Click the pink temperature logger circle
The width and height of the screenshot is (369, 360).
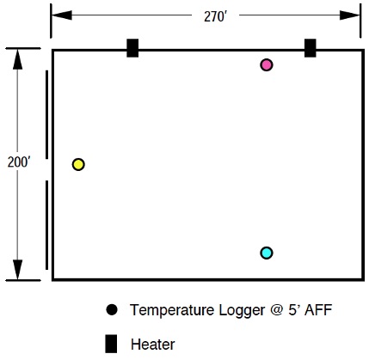click(x=267, y=65)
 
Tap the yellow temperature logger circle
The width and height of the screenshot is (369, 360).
click(x=78, y=164)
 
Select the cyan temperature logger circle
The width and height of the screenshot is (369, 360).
click(x=267, y=253)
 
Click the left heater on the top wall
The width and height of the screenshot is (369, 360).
click(x=132, y=48)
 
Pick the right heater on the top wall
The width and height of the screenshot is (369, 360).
click(x=311, y=48)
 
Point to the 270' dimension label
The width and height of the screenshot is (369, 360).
click(x=215, y=16)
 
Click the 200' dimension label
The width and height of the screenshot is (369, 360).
click(x=19, y=162)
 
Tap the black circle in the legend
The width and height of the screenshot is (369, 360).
click(x=112, y=309)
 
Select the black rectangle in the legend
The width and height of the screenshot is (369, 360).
click(x=111, y=344)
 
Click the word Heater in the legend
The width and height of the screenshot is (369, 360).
click(x=153, y=345)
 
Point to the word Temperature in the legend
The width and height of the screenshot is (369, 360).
click(x=172, y=310)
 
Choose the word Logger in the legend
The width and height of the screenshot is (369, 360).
click(x=242, y=310)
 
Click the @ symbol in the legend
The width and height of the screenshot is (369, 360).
click(x=277, y=310)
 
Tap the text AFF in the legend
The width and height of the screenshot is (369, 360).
click(x=318, y=310)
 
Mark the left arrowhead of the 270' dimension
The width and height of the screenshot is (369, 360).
click(x=62, y=15)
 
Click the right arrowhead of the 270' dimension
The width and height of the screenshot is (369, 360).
click(x=350, y=15)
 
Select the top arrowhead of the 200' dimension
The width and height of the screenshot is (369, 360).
click(x=17, y=59)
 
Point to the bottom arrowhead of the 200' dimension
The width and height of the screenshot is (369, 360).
click(x=17, y=270)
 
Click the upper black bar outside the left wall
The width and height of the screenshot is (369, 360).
click(x=47, y=114)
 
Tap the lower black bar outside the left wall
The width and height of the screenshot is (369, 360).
click(x=47, y=225)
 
